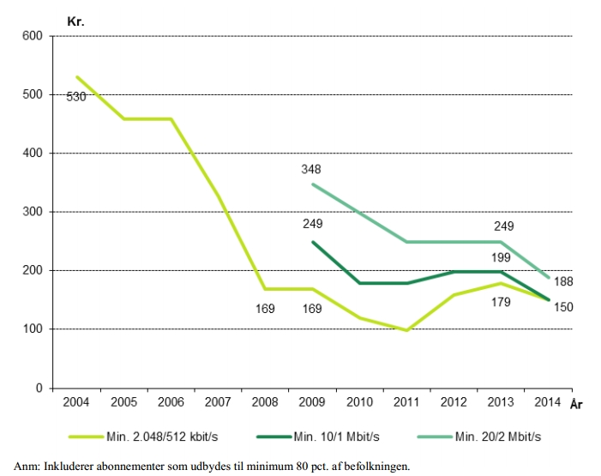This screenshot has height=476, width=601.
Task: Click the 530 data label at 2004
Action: pyautogui.click(x=76, y=97)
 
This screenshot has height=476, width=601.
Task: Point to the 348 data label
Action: pyautogui.click(x=311, y=170)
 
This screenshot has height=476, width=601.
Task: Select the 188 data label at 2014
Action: pyautogui.click(x=562, y=281)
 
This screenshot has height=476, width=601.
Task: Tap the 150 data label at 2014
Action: pyautogui.click(x=562, y=307)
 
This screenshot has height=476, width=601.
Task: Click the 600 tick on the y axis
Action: pyautogui.click(x=33, y=36)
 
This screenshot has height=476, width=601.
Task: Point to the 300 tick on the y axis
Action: pyautogui.click(x=33, y=212)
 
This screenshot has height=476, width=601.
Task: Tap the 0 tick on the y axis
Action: pyautogui.click(x=39, y=389)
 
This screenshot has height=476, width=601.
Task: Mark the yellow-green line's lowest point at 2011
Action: pyautogui.click(x=406, y=330)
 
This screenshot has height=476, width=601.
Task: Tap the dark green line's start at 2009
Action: pyautogui.click(x=312, y=242)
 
